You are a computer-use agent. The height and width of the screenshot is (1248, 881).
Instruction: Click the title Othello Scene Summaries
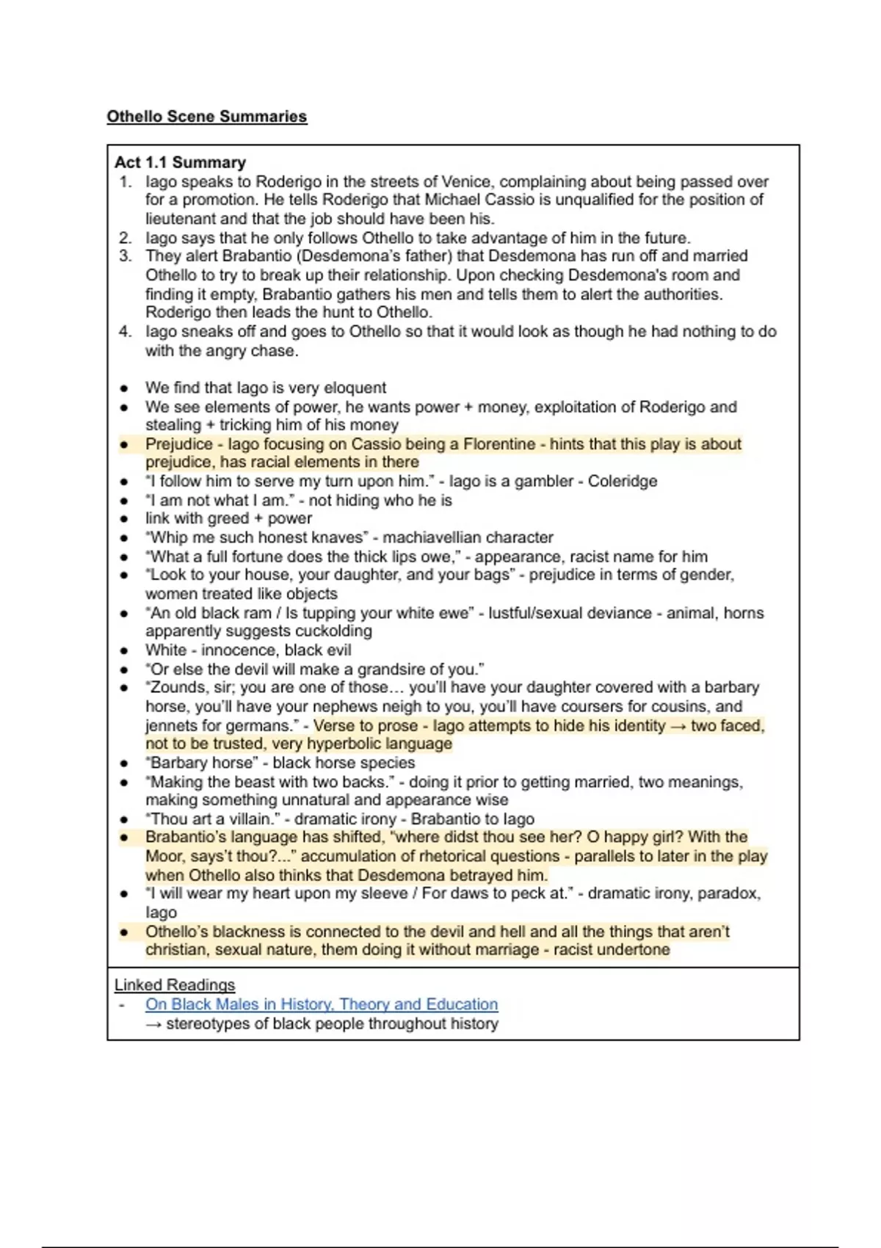pos(206,116)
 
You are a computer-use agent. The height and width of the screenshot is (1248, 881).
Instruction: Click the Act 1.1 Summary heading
pos(180,162)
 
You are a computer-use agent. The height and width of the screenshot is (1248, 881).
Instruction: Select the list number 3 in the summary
pos(126,256)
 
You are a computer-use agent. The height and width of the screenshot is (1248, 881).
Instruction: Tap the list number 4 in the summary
pos(126,332)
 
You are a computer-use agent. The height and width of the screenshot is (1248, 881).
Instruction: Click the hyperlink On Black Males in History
pos(321,1004)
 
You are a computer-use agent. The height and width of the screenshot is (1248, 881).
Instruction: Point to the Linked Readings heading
pos(175,984)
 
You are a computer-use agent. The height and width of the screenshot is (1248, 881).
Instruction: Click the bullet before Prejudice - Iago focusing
pos(124,444)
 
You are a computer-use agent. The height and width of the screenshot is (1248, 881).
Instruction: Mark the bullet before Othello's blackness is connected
pos(124,932)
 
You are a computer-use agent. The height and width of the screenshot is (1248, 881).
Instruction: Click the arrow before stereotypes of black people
pos(154,1023)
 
